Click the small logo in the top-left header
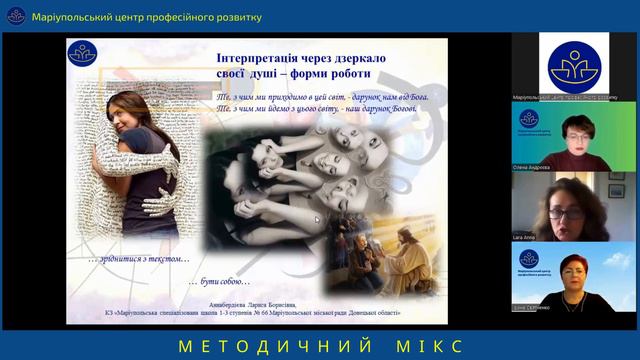[x=16, y=17]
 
